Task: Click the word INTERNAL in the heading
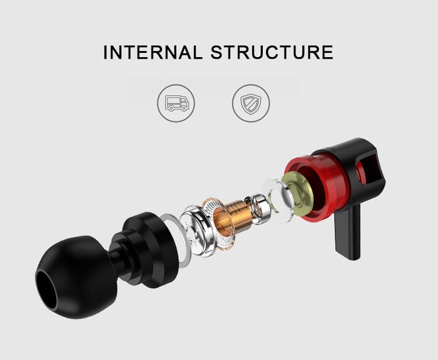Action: (x=153, y=52)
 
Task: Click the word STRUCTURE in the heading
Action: (x=272, y=52)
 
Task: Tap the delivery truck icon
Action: (x=176, y=103)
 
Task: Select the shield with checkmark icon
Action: (x=251, y=103)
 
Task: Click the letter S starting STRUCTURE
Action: (x=217, y=52)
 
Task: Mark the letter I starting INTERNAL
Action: (x=106, y=52)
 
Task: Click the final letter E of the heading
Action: (x=327, y=52)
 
